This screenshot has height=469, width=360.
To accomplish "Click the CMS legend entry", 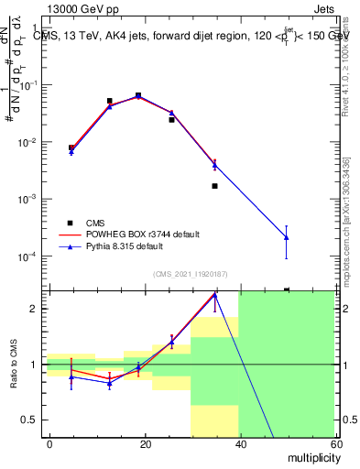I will [x=96, y=223].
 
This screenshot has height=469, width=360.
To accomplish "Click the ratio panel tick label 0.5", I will [x=31, y=420].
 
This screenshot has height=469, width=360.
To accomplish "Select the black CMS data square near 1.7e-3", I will [x=214, y=186].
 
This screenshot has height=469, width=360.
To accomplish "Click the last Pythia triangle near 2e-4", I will [x=287, y=237].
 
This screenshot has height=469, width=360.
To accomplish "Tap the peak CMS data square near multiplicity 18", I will [x=138, y=95].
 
